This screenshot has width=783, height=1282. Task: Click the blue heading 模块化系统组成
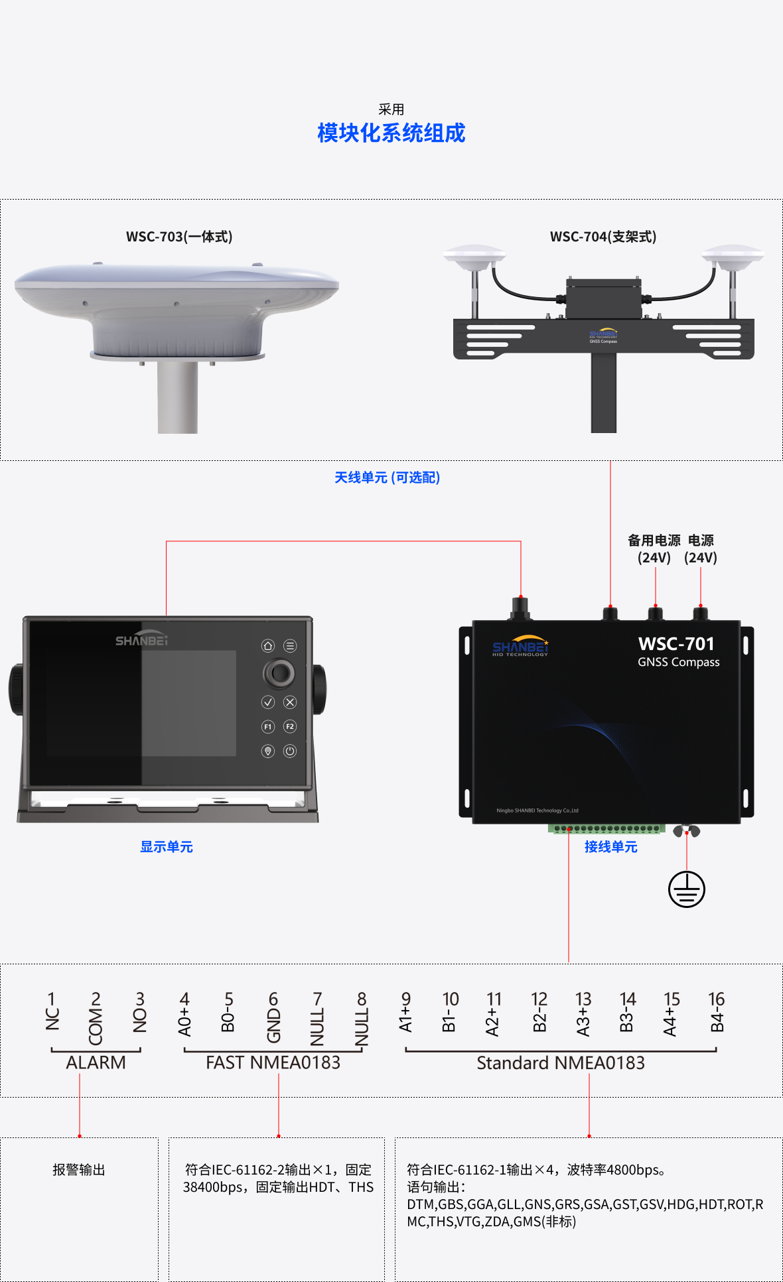point(391,133)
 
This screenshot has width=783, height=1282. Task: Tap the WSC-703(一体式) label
point(179,237)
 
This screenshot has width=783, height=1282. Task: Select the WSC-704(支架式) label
point(603,237)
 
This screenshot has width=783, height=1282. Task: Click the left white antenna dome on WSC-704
point(474,258)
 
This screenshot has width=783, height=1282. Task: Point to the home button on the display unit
point(268,646)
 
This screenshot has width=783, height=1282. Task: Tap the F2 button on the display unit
point(290,727)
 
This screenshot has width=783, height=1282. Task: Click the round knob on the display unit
point(279,673)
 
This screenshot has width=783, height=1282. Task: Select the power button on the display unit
point(290,751)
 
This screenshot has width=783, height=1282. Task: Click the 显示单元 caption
point(167,847)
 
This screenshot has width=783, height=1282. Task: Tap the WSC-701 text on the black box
point(676,644)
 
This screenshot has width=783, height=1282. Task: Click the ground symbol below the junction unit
point(687,889)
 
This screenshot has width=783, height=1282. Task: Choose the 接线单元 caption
point(610,847)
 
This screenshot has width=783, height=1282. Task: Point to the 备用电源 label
point(654,541)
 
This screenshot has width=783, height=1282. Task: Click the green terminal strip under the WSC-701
point(606,828)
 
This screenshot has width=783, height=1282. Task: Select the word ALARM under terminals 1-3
point(96,1062)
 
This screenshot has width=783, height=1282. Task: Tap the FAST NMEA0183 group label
point(273,1062)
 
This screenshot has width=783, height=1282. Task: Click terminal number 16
point(717,999)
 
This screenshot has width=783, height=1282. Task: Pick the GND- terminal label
point(273,1025)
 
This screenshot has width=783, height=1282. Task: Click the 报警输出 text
point(79,1170)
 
